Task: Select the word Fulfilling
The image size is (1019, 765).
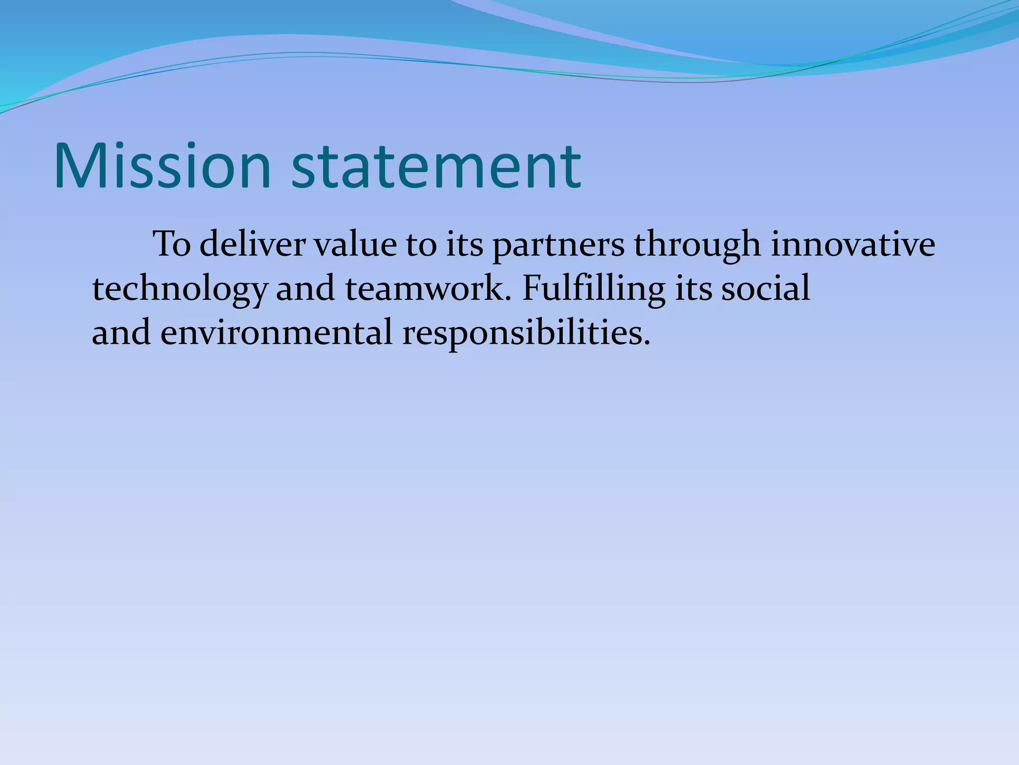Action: pos(594,289)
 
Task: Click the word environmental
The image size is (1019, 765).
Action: pos(277,333)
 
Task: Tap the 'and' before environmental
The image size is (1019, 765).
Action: pos(121,333)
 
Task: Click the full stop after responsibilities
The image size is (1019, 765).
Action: pos(647,343)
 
